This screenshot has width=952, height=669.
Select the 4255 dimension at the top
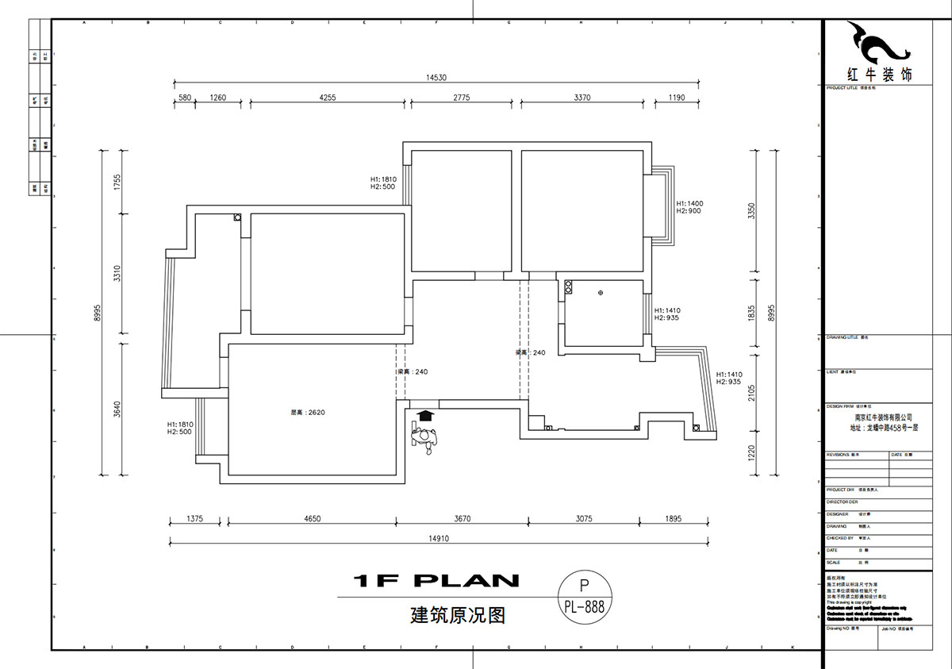(x=328, y=98)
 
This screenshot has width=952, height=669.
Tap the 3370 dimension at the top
(x=582, y=98)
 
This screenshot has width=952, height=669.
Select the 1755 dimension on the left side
(x=117, y=182)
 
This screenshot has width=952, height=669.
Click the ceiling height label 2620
(x=303, y=412)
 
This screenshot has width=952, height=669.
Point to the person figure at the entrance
(x=425, y=439)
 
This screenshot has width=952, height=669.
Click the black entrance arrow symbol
(x=426, y=415)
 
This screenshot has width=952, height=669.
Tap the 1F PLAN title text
(x=436, y=581)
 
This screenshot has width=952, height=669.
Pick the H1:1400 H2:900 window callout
(x=689, y=207)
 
